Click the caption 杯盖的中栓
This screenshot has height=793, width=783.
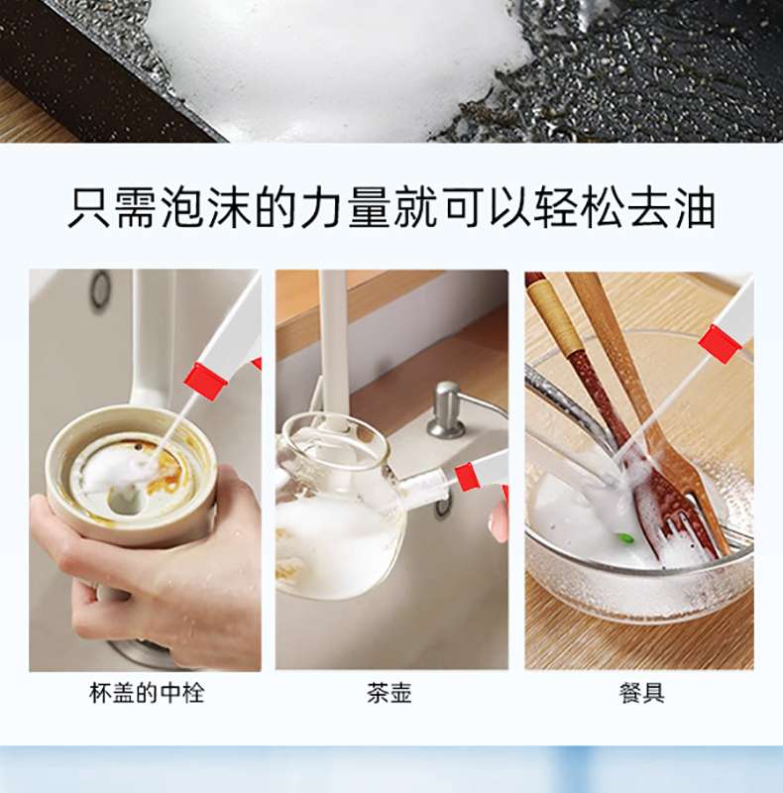tap(147, 693)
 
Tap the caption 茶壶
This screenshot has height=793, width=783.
tap(390, 693)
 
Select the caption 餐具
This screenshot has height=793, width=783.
tap(642, 693)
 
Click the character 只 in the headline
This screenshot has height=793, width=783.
tap(89, 208)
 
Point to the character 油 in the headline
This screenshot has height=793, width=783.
tap(695, 208)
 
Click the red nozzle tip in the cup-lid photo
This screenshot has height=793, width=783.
tap(204, 381)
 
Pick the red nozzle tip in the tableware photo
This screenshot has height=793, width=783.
tap(720, 343)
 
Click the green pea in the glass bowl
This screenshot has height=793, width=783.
tap(625, 538)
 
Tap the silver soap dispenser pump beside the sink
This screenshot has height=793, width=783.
tap(445, 409)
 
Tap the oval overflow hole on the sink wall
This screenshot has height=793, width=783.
tap(100, 289)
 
